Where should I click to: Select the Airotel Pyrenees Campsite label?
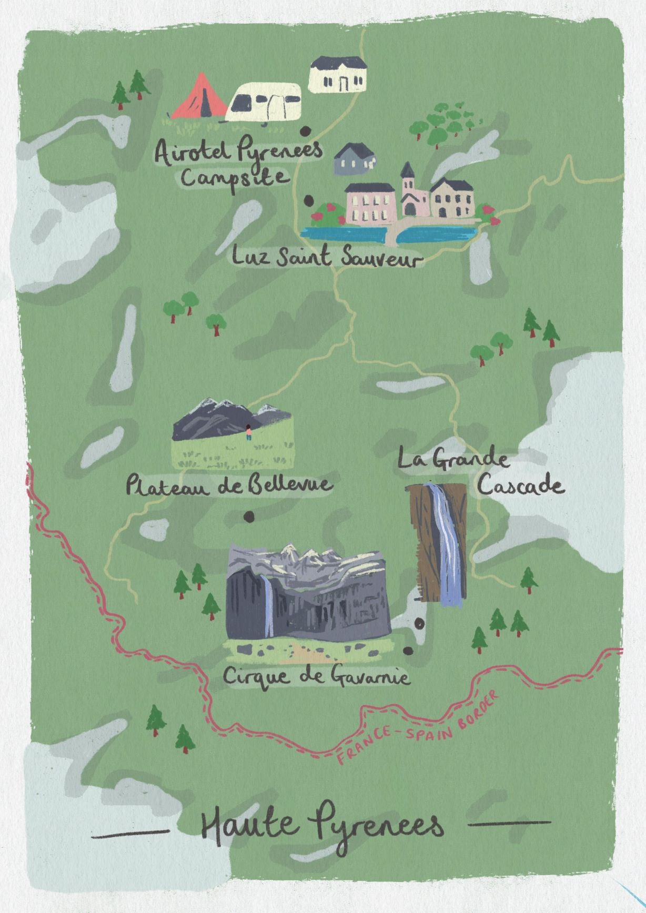click(239, 163)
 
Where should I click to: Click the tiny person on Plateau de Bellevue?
click(249, 432)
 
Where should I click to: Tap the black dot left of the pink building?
click(308, 200)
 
